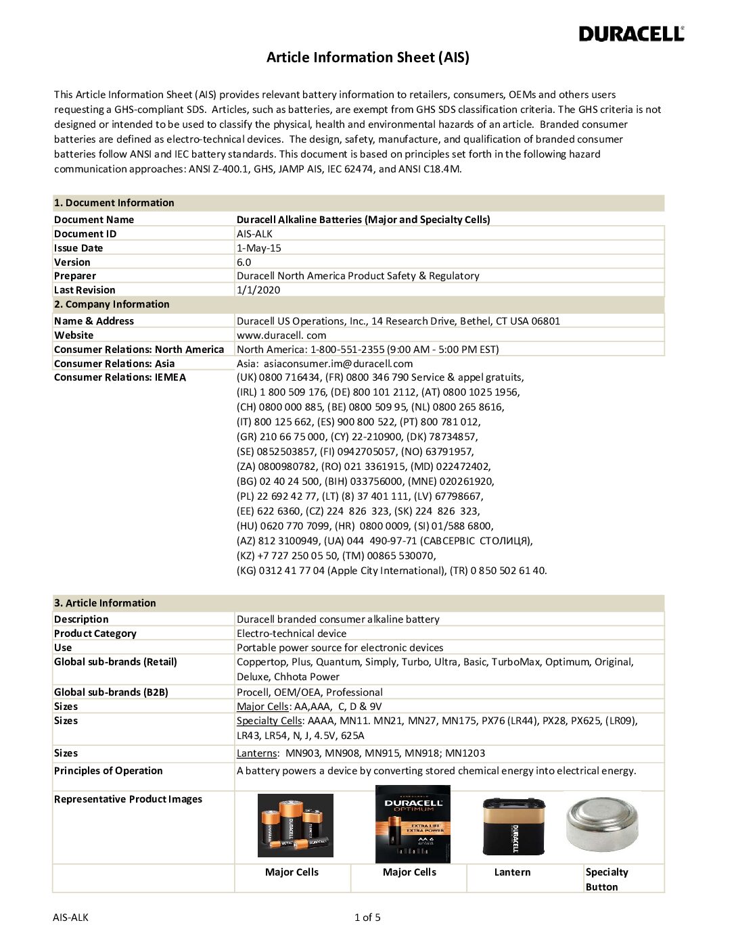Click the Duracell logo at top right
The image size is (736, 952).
click(631, 34)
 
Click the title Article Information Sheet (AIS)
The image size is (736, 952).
click(367, 57)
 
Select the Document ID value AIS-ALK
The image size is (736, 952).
click(254, 234)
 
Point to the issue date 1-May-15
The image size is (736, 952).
click(258, 248)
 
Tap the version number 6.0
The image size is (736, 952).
click(244, 262)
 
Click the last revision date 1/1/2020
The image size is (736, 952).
click(258, 290)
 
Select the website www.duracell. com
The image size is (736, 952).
click(281, 335)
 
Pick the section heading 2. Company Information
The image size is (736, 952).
click(112, 304)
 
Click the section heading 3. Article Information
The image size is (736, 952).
click(105, 603)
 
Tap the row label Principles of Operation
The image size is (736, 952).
click(108, 771)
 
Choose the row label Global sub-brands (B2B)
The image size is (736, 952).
click(111, 692)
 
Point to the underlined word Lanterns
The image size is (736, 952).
click(256, 753)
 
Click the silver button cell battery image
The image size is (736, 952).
click(602, 823)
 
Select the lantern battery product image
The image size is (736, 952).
click(513, 826)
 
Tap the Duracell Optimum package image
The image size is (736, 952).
click(413, 824)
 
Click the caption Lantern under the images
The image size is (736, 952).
click(512, 872)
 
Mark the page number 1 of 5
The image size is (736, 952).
click(367, 918)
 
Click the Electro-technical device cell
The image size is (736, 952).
click(291, 634)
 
